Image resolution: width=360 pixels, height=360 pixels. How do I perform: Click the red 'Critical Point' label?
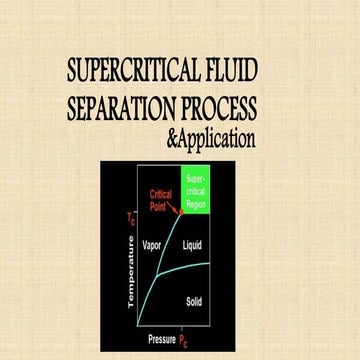[161, 199]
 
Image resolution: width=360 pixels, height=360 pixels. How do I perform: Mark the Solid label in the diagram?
[195, 299]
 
